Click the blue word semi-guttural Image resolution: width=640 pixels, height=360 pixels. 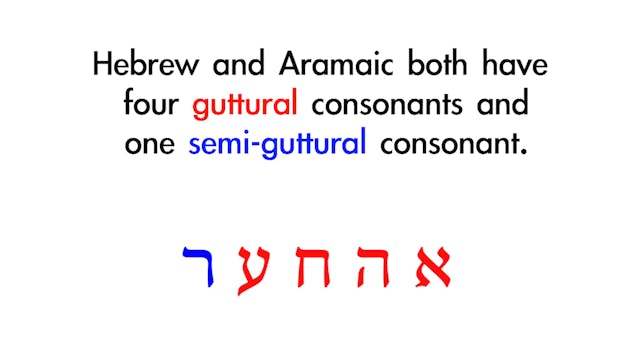point(277,144)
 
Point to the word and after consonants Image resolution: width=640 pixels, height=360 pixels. point(501,104)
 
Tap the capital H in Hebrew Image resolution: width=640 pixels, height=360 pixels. point(102,65)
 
